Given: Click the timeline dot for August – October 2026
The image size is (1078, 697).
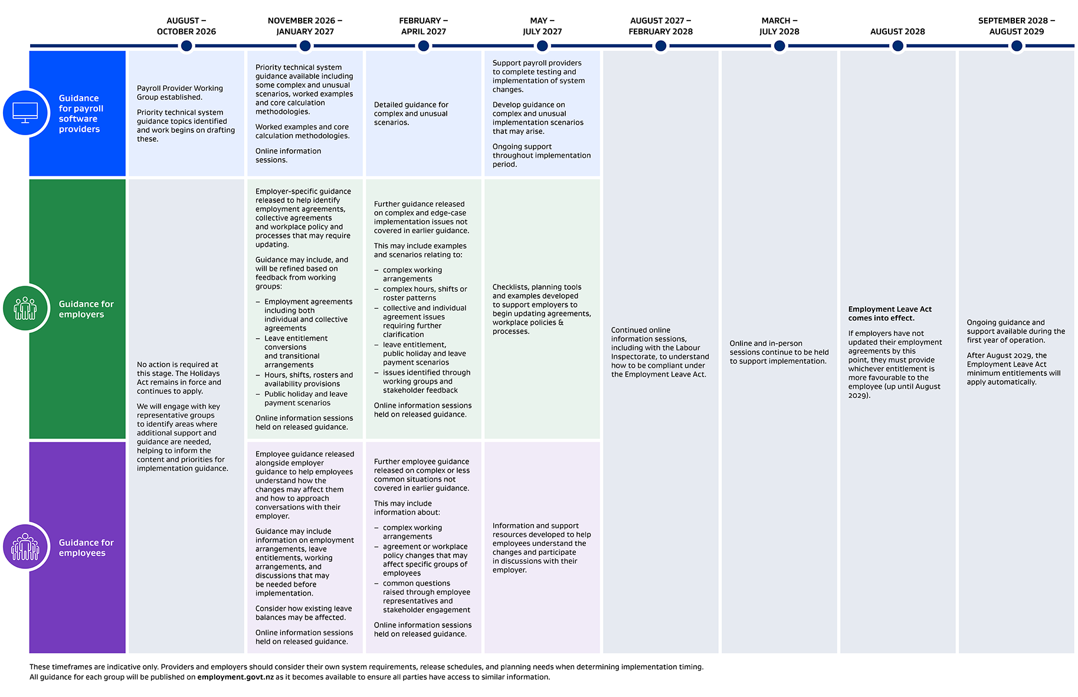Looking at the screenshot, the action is point(186,45).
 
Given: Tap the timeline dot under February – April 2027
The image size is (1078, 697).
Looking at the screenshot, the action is point(424,45).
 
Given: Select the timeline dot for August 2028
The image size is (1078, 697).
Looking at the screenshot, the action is point(897,45).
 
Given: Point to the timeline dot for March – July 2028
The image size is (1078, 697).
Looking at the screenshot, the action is point(779,45).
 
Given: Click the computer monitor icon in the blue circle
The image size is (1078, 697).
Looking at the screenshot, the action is point(25,112).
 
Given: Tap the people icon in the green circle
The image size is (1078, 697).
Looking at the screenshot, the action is point(25,308).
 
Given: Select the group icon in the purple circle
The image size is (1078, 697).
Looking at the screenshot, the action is point(25,547).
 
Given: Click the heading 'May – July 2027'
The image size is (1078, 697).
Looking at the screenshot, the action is point(542,26).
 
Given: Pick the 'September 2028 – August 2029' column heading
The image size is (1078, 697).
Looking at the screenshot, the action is point(1016,26).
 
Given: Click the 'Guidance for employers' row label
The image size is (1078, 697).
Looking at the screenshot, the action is point(86,309).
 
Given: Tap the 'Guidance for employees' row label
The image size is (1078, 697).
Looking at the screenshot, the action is point(86,548).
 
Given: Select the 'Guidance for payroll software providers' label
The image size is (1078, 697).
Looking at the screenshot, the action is point(81,113).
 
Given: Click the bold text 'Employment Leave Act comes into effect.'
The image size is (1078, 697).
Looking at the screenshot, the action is point(890,313).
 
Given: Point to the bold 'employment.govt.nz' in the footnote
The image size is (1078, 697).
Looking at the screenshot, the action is point(235,677).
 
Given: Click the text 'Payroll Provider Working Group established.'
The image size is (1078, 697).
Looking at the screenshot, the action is point(180,93).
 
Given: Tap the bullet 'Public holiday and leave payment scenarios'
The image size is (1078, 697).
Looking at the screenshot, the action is point(306,398).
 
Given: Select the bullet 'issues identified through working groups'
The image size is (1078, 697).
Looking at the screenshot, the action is point(427,381).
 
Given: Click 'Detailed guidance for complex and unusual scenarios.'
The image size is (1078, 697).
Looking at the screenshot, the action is point(411,113).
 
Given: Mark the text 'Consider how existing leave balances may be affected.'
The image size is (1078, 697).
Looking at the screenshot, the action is point(303,613).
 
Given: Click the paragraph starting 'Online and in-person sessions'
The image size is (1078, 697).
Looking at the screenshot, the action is point(779,352).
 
